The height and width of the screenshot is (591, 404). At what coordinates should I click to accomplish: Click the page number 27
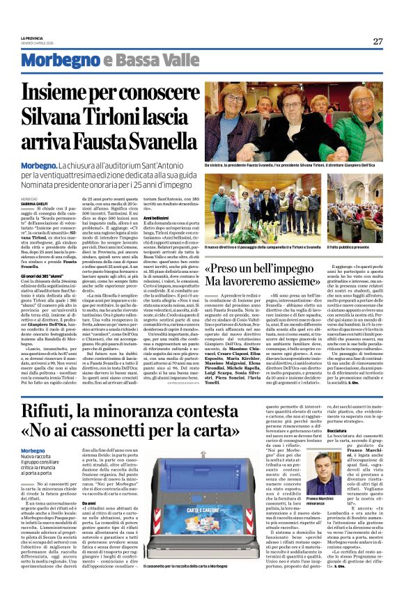[x=377, y=41]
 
